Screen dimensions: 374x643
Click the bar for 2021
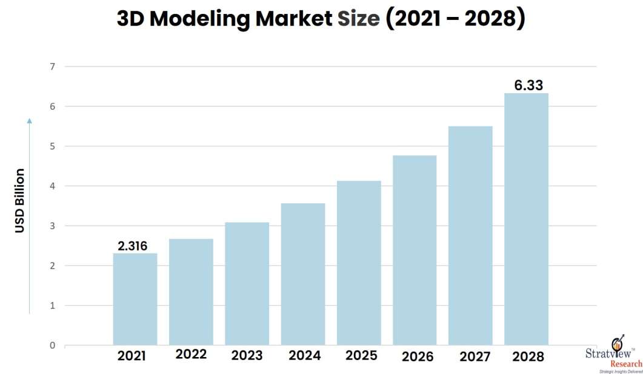[135, 299]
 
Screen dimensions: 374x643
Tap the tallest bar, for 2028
[526, 219]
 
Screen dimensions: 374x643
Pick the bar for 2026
[415, 251]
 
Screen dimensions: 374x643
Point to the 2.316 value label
[132, 245]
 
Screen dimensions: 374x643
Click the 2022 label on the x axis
[191, 355]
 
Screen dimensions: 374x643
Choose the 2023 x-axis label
[247, 356]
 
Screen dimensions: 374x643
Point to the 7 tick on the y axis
[52, 67]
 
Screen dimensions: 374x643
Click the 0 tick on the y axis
[52, 346]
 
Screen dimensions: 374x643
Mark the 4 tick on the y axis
[52, 186]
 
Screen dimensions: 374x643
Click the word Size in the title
[358, 19]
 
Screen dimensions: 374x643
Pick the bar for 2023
[247, 284]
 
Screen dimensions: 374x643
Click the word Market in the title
[293, 19]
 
